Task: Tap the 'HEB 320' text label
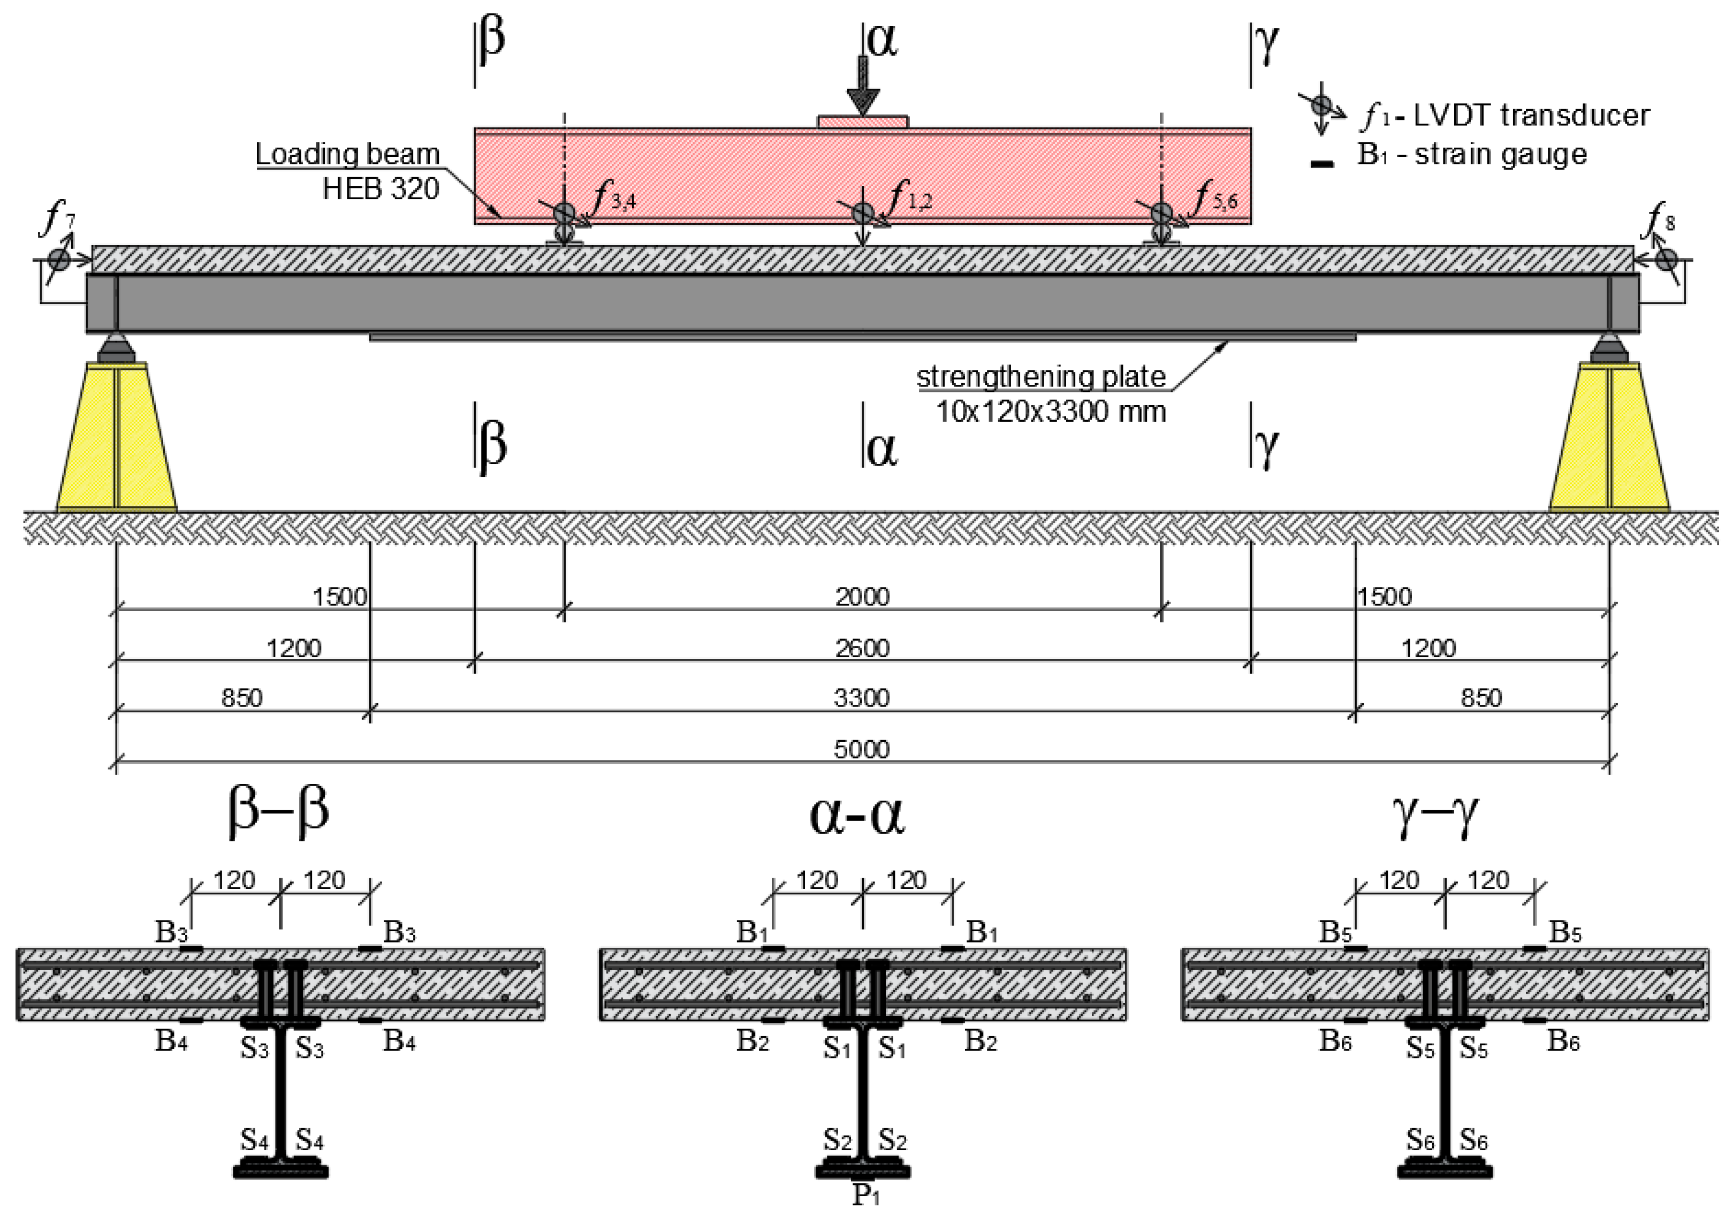coord(381,188)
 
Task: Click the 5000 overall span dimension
coord(862,749)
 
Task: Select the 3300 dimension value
coord(862,698)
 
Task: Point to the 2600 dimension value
coord(862,648)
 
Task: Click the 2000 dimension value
coord(862,597)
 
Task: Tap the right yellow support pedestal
coord(1609,438)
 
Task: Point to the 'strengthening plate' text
coord(1041,377)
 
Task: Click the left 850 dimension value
coord(241,698)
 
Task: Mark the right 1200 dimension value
coord(1428,648)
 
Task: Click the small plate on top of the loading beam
coord(863,121)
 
